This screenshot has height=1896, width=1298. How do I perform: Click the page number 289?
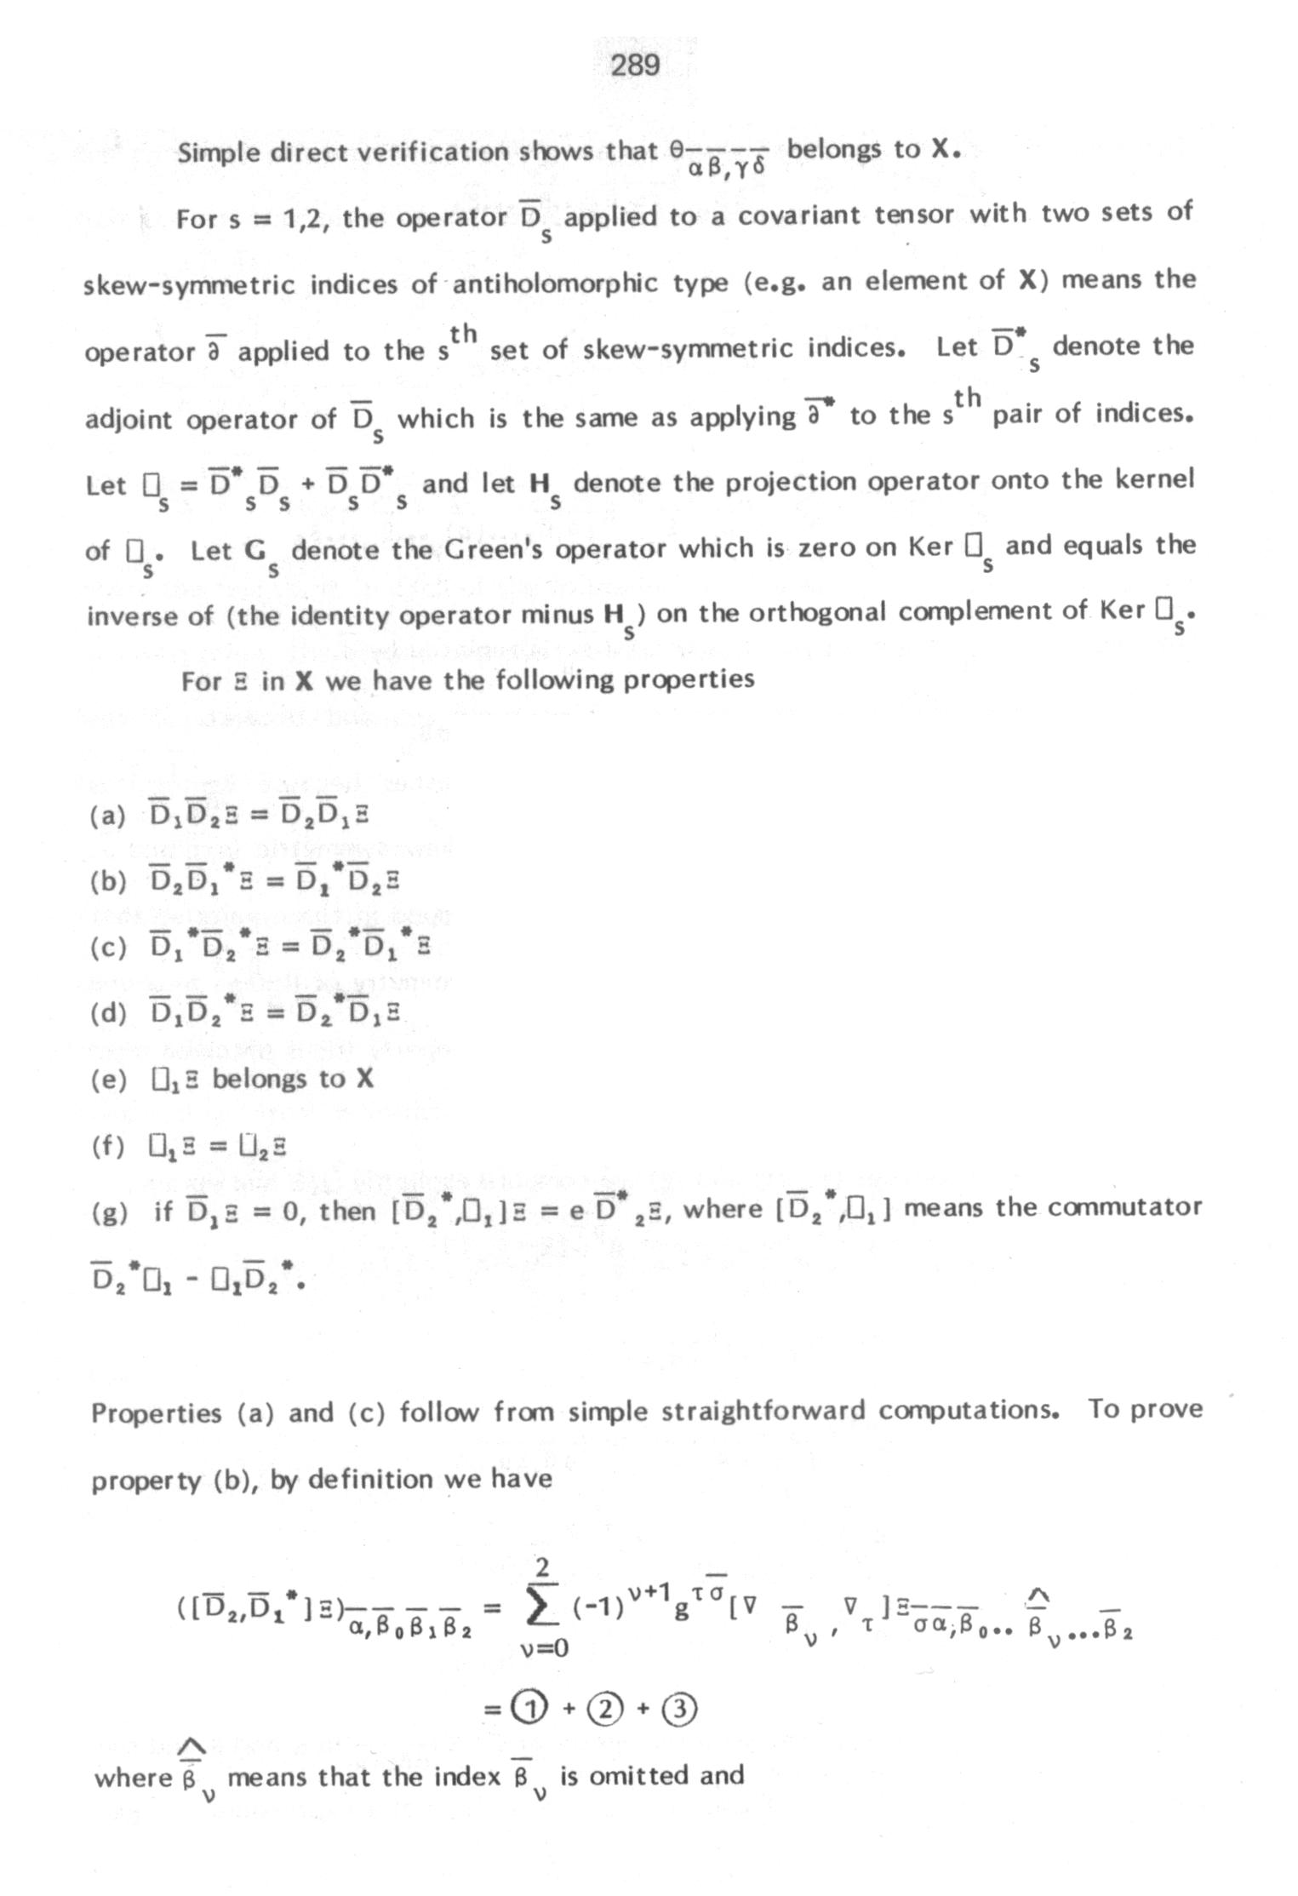click(x=635, y=66)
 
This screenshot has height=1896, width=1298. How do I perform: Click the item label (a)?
click(x=108, y=816)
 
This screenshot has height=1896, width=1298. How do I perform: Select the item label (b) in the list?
click(x=108, y=881)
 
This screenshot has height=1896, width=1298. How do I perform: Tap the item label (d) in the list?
click(x=108, y=1014)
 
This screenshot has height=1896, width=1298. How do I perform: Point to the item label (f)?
click(x=107, y=1147)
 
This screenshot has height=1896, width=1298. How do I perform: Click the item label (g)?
click(x=108, y=1212)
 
